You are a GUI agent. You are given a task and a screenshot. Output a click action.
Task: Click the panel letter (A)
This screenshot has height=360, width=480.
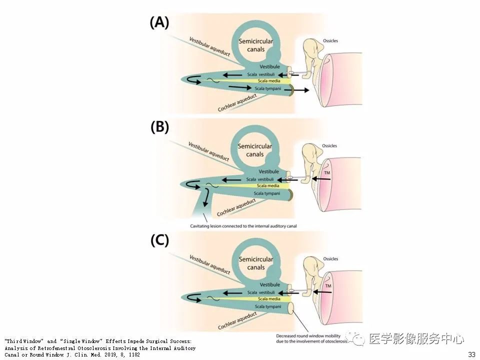click(159, 22)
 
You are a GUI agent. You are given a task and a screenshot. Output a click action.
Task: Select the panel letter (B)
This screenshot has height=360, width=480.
click(159, 127)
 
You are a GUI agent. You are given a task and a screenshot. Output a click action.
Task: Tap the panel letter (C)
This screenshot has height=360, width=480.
click(159, 240)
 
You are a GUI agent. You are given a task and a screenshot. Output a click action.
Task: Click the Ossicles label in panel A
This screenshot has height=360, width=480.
click(330, 40)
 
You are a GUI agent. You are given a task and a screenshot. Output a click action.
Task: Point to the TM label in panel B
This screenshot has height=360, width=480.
click(327, 172)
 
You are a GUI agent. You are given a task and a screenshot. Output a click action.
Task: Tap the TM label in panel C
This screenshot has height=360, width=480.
click(328, 286)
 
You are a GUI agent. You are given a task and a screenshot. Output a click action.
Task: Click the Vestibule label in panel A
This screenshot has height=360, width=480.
click(269, 66)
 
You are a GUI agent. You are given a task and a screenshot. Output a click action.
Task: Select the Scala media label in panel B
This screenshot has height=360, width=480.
click(268, 186)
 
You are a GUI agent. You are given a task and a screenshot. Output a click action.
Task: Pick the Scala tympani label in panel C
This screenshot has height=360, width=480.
click(268, 306)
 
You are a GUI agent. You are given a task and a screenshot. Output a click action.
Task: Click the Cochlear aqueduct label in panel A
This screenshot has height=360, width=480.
click(237, 103)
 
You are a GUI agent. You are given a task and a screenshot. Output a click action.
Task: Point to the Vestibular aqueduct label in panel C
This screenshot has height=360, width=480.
click(209, 264)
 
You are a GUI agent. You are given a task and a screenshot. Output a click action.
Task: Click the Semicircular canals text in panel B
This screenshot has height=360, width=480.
click(254, 150)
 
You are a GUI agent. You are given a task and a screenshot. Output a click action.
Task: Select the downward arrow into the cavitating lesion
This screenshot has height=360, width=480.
click(206, 198)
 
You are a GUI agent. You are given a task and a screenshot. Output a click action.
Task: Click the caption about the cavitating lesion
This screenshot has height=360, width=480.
click(243, 226)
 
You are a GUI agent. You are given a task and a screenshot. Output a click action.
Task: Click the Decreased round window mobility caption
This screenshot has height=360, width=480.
click(311, 338)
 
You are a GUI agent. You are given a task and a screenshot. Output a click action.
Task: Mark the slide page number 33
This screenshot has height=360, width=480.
click(471, 354)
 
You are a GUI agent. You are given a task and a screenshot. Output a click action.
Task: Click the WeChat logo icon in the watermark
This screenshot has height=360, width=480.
click(357, 338)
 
